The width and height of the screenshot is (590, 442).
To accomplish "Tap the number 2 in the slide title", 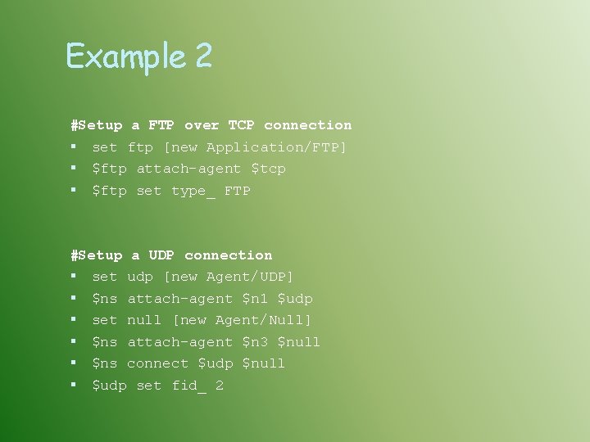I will (x=203, y=56).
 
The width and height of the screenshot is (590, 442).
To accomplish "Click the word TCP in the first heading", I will (x=241, y=125).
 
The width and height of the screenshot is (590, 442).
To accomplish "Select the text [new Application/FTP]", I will (x=255, y=147).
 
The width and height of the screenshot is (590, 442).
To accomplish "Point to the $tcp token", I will (x=268, y=169).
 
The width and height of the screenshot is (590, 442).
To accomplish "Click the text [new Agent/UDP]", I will (x=229, y=277).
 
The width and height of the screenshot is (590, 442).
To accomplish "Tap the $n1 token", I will (x=255, y=299).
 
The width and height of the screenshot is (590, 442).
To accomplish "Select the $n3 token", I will (x=255, y=342).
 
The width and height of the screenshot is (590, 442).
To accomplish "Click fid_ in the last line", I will (x=188, y=386).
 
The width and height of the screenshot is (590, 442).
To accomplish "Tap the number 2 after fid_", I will (x=220, y=386).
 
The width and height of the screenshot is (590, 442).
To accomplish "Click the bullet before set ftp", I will (x=74, y=147).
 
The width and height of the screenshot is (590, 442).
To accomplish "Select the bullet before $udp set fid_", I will (x=74, y=386).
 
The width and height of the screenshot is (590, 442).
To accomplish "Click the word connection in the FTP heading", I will (x=307, y=125).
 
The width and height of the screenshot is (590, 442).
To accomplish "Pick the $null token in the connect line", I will (x=264, y=363).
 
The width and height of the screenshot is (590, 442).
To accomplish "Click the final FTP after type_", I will (x=237, y=191).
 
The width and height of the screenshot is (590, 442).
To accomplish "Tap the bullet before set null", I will (x=74, y=320).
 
